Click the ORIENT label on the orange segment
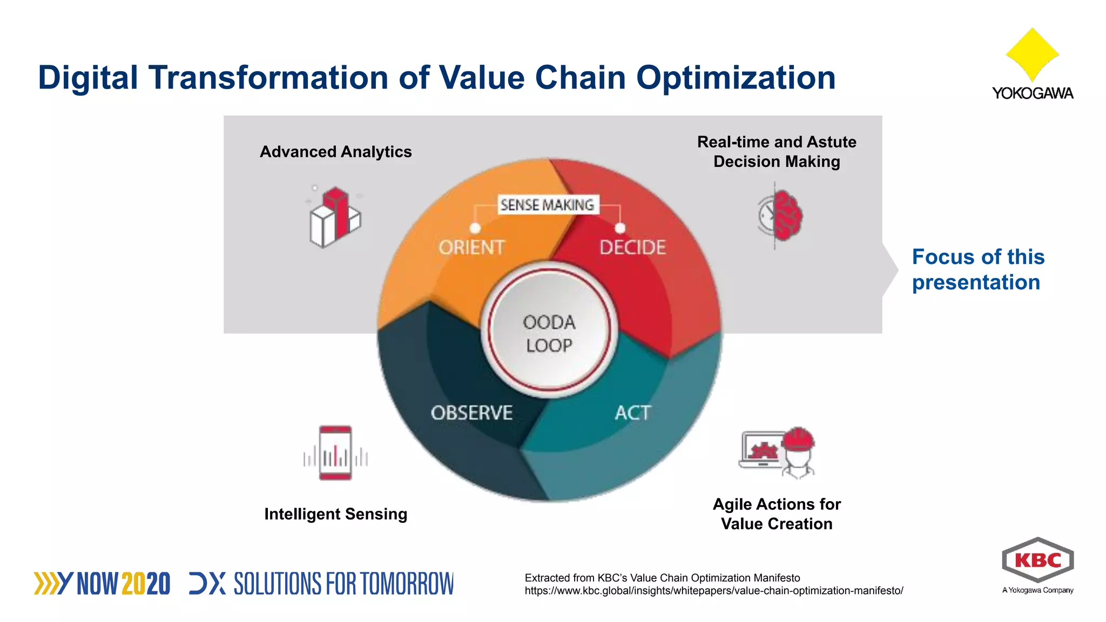pyautogui.click(x=471, y=247)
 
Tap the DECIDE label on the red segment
pyautogui.click(x=632, y=247)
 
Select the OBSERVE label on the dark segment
pyautogui.click(x=471, y=413)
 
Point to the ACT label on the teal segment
pyautogui.click(x=632, y=413)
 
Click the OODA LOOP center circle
pyautogui.click(x=549, y=334)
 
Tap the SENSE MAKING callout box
pyautogui.click(x=547, y=205)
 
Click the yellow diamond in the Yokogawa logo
pyautogui.click(x=1032, y=54)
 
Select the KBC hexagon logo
pyautogui.click(x=1037, y=560)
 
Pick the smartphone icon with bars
pyautogui.click(x=335, y=453)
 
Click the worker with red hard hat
pyautogui.click(x=798, y=452)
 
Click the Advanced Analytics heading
pyautogui.click(x=335, y=152)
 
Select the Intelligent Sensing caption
pyautogui.click(x=335, y=514)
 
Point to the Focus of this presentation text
pyautogui.click(x=977, y=269)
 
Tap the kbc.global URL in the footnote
pyautogui.click(x=713, y=591)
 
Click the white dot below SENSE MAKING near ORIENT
pyautogui.click(x=475, y=228)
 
